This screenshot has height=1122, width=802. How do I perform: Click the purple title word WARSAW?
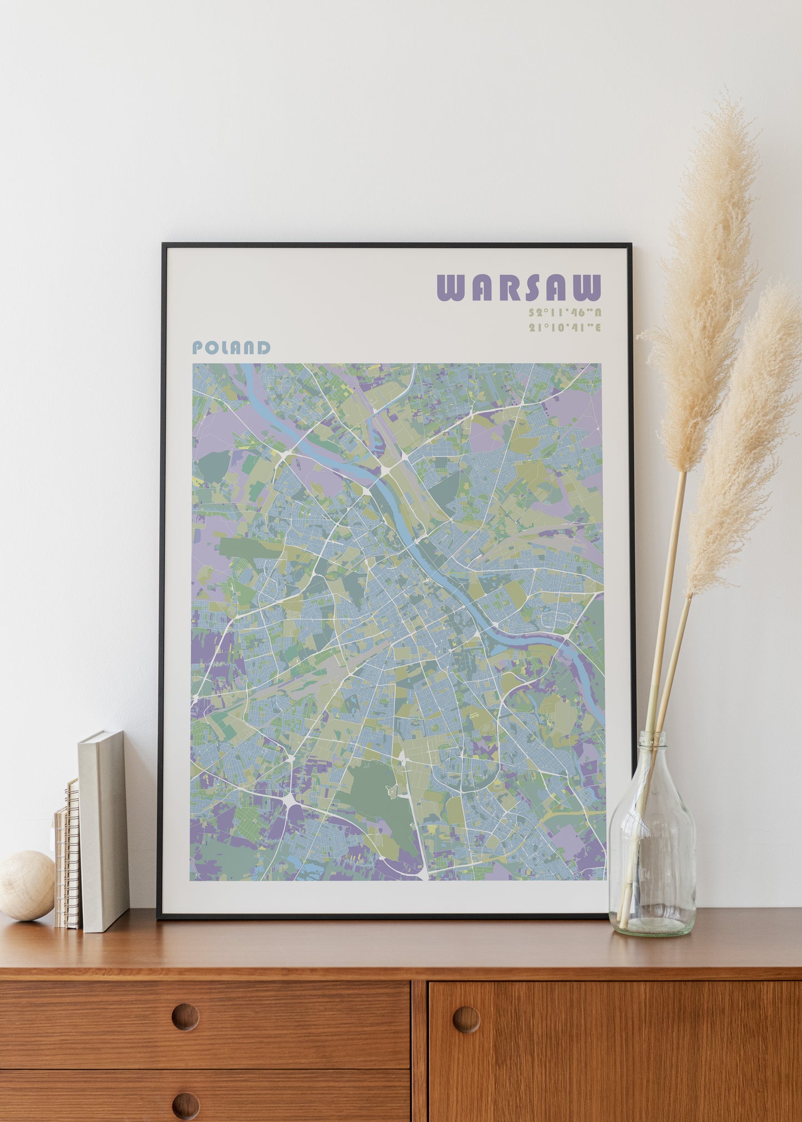coord(519,287)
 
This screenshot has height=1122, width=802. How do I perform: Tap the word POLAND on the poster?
coord(231,348)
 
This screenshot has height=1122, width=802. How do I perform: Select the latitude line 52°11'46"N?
coord(565,312)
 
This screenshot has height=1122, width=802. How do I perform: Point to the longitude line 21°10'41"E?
coord(565,327)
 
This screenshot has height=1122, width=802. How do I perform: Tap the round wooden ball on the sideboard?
coord(26,885)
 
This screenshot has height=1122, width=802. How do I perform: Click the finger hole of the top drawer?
coord(185,1017)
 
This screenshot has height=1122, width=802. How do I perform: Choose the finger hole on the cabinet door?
coord(466,1019)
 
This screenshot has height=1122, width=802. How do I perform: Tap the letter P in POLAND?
coord(198,348)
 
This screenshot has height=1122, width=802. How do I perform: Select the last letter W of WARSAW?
coord(587,287)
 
